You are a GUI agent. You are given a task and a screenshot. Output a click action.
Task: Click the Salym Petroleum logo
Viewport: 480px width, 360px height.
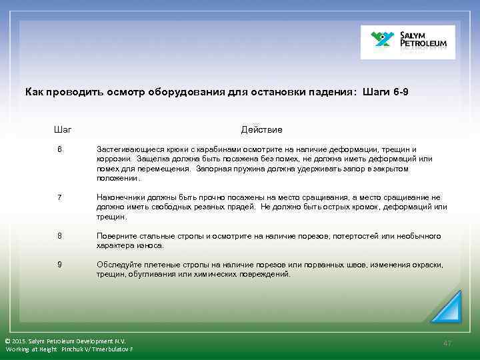(x=407, y=43)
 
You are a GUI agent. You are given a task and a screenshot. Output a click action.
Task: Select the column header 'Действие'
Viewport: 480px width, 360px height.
(x=261, y=129)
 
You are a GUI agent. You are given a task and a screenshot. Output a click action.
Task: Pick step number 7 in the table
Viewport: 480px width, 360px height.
(x=59, y=197)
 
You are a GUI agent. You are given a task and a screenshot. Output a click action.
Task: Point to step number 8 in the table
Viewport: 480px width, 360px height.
(x=59, y=236)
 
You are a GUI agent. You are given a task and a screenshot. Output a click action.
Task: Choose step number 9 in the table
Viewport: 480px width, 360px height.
(x=59, y=265)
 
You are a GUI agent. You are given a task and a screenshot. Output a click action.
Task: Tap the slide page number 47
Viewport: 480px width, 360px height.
(x=447, y=343)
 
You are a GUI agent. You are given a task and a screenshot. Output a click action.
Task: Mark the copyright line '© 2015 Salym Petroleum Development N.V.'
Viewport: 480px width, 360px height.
(x=65, y=340)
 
